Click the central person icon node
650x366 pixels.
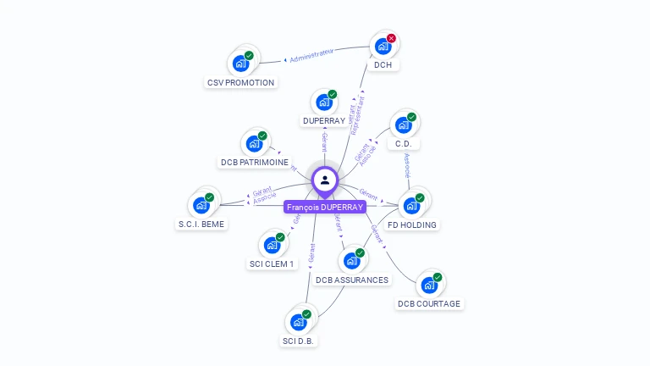pos(325,180)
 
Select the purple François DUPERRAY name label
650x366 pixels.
pos(325,207)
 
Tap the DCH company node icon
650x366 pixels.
pos(383,46)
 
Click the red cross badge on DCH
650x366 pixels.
pos(391,38)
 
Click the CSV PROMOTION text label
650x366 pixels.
pos(240,83)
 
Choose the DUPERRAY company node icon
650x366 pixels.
pos(323,103)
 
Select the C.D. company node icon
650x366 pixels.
pos(403,125)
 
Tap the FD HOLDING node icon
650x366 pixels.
pos(411,205)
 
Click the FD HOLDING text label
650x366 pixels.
pos(412,225)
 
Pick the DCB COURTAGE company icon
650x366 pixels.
pos(429,285)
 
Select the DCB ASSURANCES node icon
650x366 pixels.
pos(351,261)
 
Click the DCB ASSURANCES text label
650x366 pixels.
pos(352,280)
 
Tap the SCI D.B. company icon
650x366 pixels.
pos(299,322)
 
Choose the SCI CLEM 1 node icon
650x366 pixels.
pos(272,245)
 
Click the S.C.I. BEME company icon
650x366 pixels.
pos(201,205)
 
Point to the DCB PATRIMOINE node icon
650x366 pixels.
pos(254,143)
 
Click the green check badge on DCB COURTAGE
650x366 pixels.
pos(438,277)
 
